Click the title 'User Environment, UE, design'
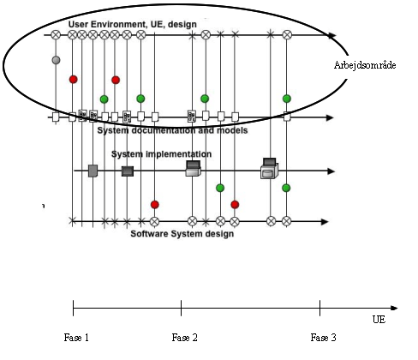pos(133,24)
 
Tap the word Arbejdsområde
pos(365,65)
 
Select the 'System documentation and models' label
pos(172,130)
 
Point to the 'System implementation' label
pos(161,154)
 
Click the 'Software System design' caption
pos(182,234)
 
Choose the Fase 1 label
pos(76,338)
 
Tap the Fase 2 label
pos(184,338)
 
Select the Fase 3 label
pos(323,338)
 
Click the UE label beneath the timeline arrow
pos(379,320)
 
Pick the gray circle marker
pos(56,60)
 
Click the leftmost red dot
pos(74,80)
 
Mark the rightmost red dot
pos(235,205)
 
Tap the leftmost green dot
pos(104,99)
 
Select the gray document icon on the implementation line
pos(93,171)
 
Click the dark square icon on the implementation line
pos(128,171)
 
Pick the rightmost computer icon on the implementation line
pos(269,169)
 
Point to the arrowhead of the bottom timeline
pos(394,308)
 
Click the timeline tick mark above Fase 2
pos(181,308)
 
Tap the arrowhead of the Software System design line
pos(325,222)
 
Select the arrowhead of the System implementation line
pos(331,171)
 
